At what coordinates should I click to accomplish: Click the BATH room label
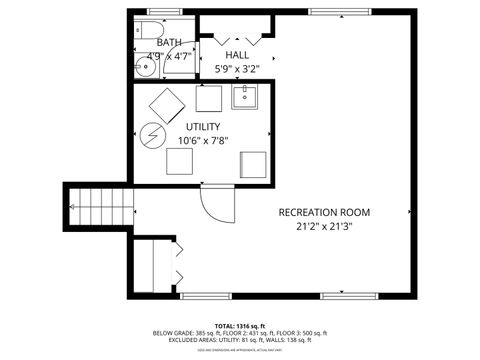[x=169, y=43]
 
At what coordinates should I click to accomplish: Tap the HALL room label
[x=237, y=55]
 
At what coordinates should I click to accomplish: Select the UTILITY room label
[x=203, y=127]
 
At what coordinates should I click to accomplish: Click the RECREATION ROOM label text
[x=324, y=212]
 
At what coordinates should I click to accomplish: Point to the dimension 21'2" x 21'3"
[x=324, y=226]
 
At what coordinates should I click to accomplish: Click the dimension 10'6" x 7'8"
[x=203, y=141]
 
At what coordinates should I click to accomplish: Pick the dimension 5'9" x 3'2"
[x=237, y=69]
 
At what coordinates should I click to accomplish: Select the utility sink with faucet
[x=246, y=97]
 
